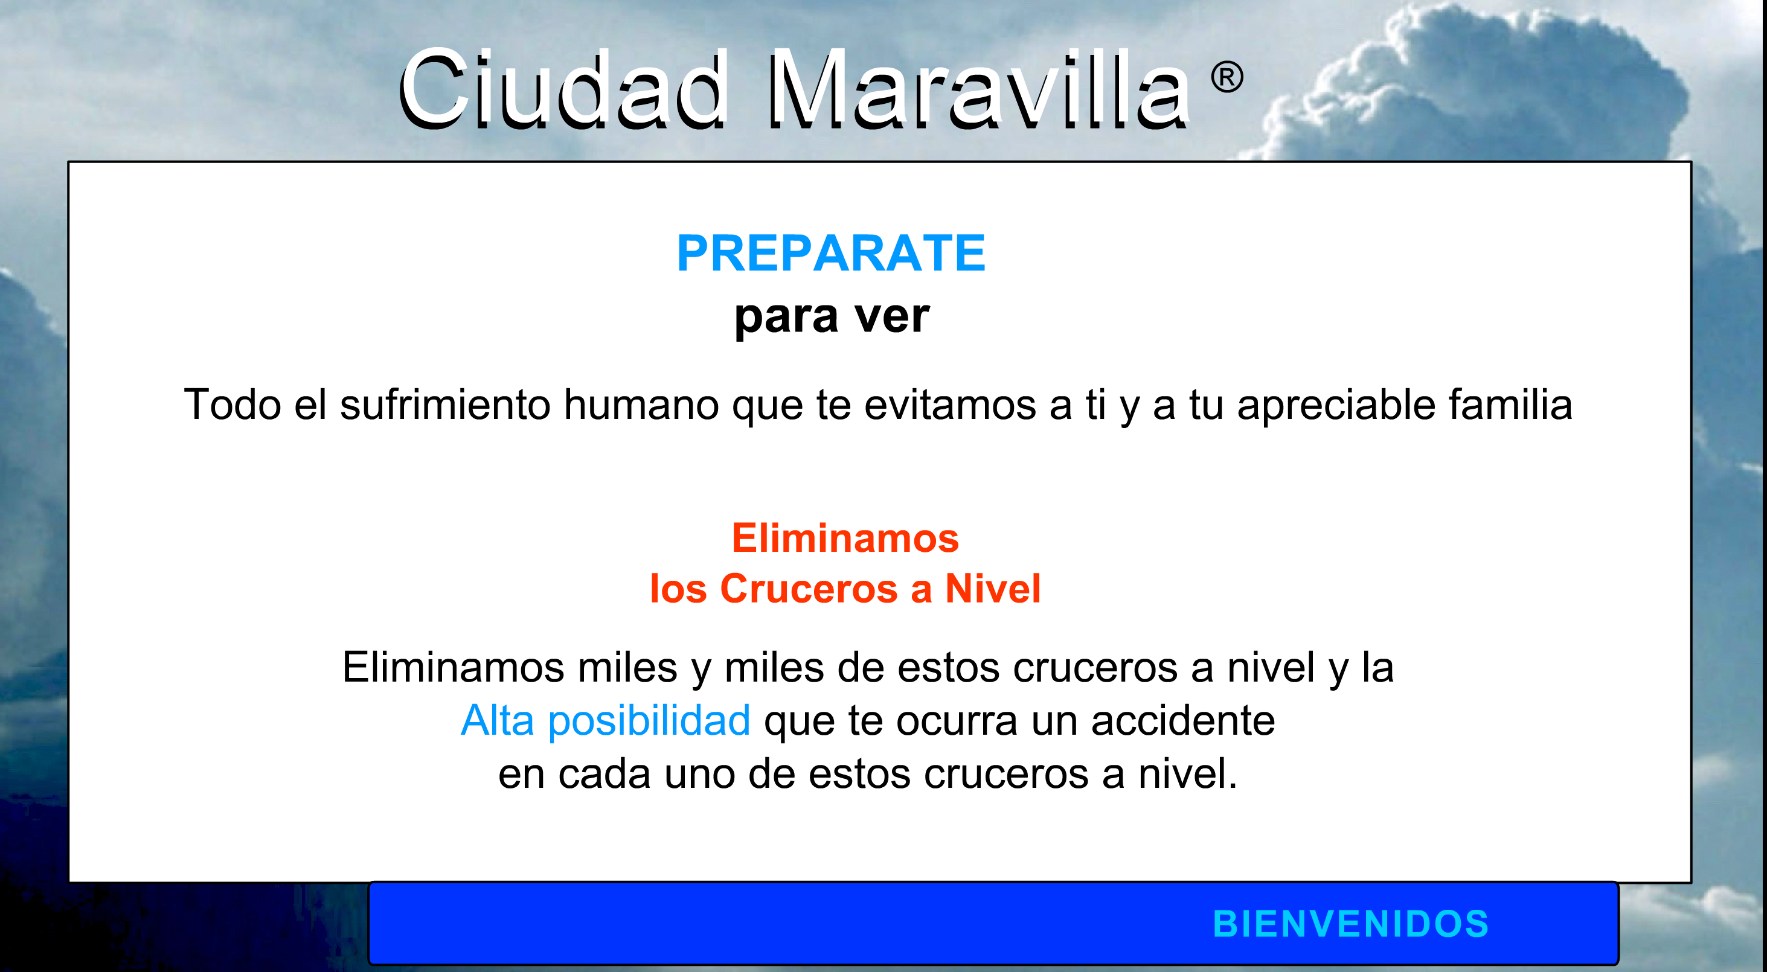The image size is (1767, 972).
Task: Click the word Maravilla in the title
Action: pos(978,89)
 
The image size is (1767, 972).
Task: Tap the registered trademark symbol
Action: pos(1227,77)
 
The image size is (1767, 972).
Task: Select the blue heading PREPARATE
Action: pos(831,253)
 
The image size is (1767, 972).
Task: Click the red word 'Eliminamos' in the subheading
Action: pos(845,538)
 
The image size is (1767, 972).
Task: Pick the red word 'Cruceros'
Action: pos(809,589)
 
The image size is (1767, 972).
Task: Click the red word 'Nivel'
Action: pos(993,589)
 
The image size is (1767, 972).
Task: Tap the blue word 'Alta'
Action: pos(498,720)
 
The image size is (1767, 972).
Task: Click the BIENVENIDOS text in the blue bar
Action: pos(1352,923)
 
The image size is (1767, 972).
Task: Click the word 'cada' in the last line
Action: pos(604,774)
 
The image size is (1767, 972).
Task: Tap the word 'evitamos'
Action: pos(950,404)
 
